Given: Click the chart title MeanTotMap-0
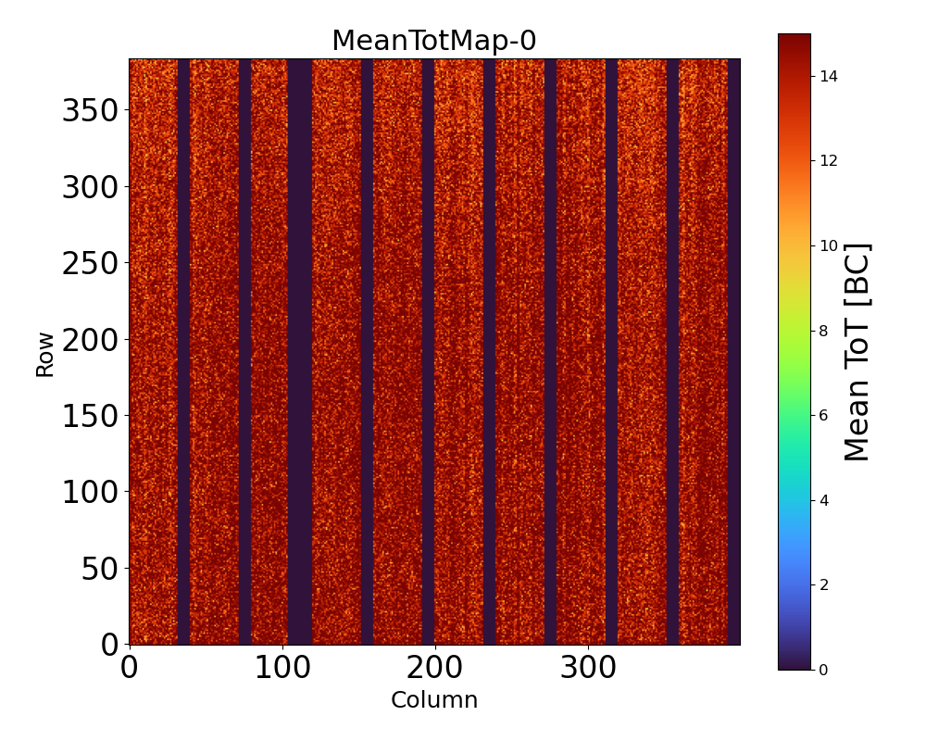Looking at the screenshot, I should [434, 42].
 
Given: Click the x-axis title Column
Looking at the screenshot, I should [434, 700].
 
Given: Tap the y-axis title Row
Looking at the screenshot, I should [45, 355].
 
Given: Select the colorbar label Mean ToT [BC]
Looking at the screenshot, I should [857, 352].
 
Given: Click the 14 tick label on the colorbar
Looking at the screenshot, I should [829, 77].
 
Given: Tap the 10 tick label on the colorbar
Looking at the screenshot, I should [829, 246].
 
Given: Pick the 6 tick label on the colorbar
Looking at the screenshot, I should [824, 415].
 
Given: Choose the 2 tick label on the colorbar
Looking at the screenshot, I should [824, 584].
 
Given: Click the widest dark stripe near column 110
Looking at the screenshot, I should [300, 352].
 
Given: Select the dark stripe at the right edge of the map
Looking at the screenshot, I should [733, 352].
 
